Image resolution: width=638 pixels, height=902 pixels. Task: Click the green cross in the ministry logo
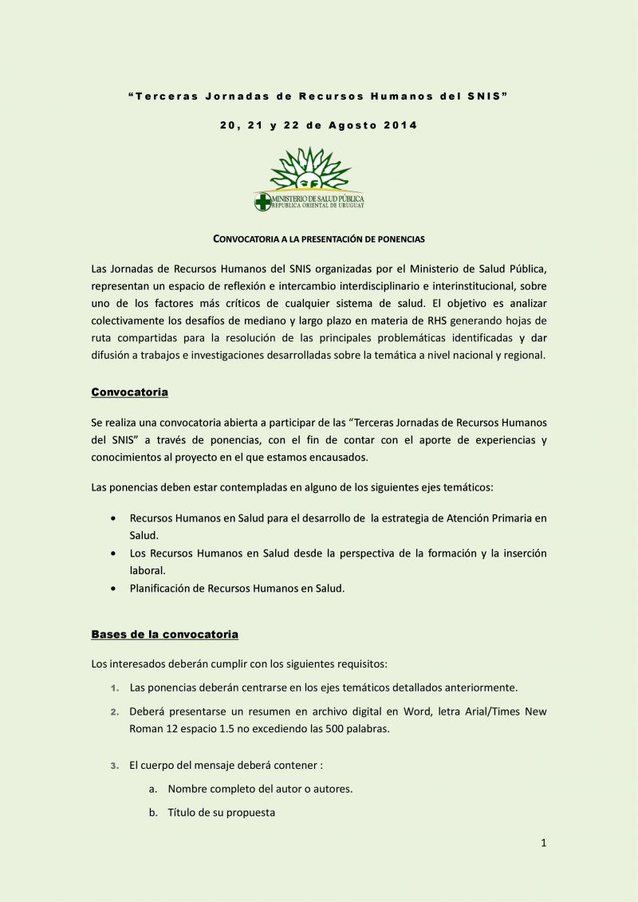coord(262,203)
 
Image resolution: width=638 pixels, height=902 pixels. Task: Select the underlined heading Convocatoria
coord(130,392)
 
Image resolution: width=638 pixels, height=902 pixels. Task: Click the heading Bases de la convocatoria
coord(164,635)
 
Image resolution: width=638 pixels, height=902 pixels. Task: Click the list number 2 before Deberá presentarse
coord(114,711)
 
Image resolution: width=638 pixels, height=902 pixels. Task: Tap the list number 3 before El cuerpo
coord(114,766)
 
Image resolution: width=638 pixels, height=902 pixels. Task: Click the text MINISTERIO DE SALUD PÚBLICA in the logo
coord(318,197)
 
